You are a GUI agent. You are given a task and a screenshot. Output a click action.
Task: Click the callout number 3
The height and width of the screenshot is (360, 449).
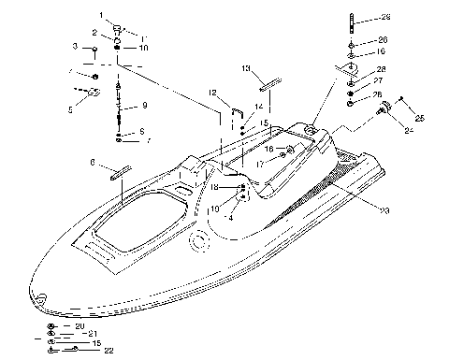click(x=76, y=46)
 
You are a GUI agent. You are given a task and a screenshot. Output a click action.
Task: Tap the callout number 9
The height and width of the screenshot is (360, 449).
click(x=144, y=106)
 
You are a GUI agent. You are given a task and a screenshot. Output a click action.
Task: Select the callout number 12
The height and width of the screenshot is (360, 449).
click(x=212, y=92)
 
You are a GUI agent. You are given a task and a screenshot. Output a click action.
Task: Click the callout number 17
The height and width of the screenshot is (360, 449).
click(x=262, y=165)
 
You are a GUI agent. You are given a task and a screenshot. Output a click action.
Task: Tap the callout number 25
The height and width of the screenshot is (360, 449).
click(x=418, y=118)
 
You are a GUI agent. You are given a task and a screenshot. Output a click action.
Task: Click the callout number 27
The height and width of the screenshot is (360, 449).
click(x=380, y=80)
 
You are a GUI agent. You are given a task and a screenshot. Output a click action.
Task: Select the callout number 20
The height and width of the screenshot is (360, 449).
click(x=80, y=325)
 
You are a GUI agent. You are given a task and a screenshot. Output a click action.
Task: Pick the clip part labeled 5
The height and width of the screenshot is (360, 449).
click(x=92, y=92)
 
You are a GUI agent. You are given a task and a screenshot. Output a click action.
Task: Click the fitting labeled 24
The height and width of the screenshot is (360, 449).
click(x=384, y=111)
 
